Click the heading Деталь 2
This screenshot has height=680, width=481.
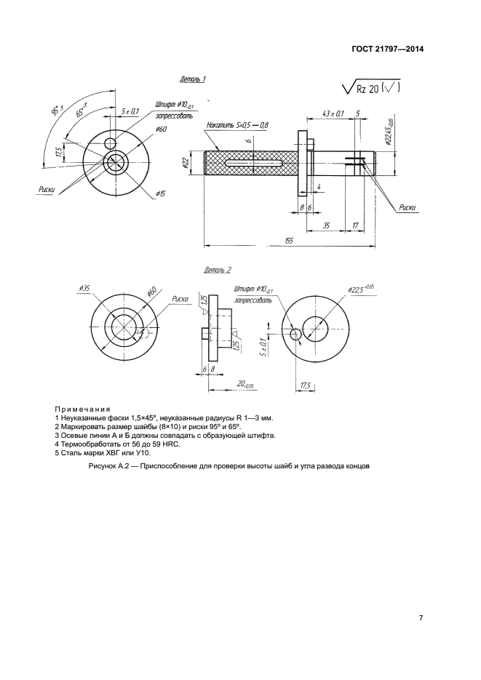[x=218, y=270]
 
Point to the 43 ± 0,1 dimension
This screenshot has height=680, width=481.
[x=333, y=113]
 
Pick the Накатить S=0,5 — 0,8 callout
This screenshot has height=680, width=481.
[x=237, y=125]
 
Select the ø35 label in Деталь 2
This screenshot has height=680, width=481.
[x=84, y=288]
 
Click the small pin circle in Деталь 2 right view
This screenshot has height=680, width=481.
[x=295, y=334]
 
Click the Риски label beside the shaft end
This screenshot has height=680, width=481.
[x=407, y=207]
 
